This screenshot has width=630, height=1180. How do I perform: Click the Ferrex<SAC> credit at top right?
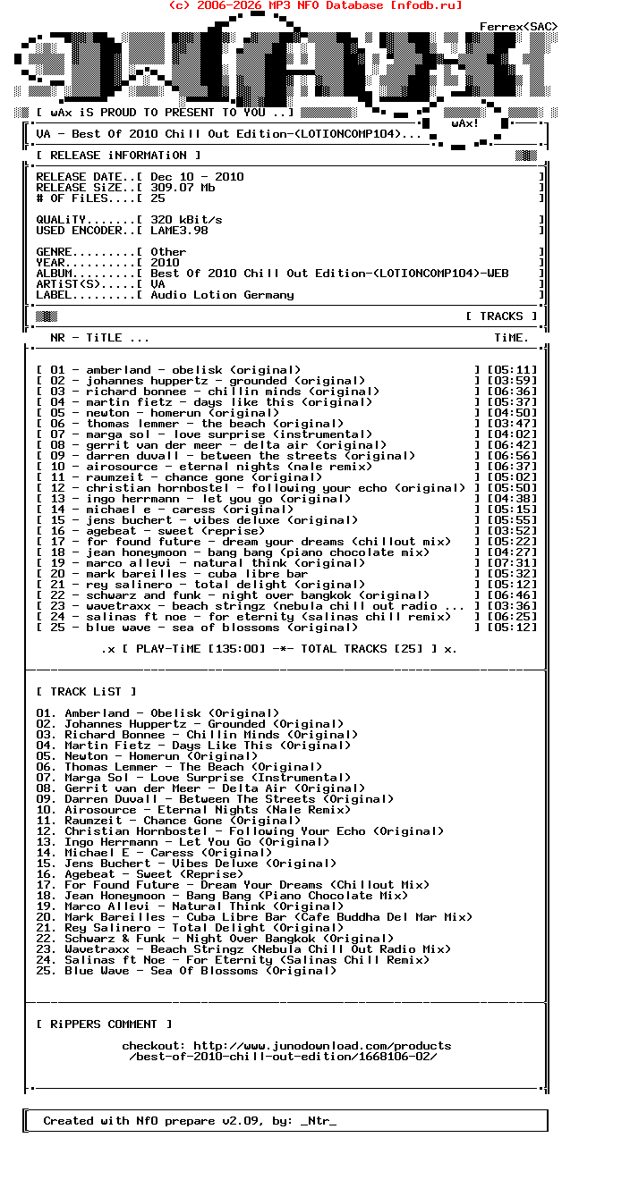coord(518,27)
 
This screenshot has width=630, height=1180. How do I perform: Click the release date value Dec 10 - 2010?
coord(197,177)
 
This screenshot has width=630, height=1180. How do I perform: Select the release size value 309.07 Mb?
coord(183,188)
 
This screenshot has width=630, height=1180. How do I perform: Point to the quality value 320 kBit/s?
coord(186,220)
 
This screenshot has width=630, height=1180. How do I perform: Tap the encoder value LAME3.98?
coord(179,231)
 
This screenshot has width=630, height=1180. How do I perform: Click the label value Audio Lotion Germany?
coord(222,295)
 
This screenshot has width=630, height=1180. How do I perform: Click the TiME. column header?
coord(511,338)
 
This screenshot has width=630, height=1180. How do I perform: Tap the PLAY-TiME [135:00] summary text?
coord(188,649)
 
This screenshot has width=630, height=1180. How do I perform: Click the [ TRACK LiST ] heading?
coord(87,692)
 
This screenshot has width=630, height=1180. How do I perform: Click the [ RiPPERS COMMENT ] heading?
coord(105,1024)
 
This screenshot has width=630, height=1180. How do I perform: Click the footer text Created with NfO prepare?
coord(190,1121)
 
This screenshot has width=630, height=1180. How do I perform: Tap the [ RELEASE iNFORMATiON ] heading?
coord(112,156)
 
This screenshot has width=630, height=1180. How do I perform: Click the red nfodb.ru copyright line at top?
coord(315,5)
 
